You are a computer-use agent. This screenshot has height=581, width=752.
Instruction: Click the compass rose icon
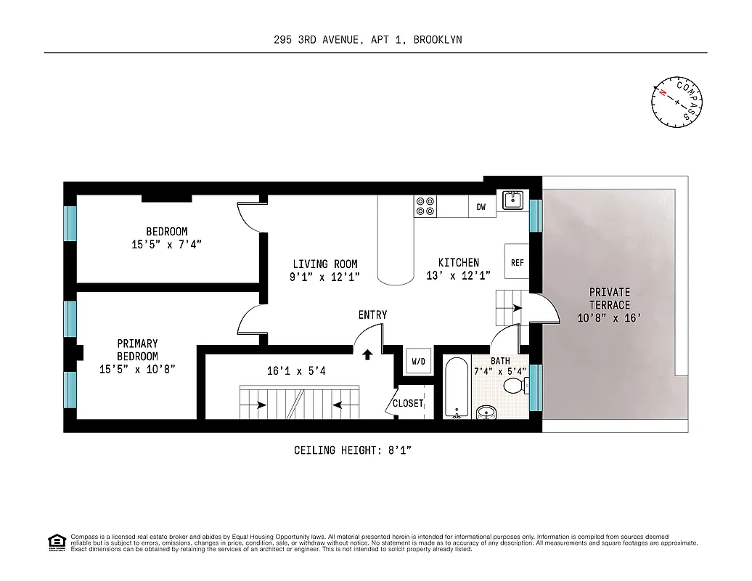pyautogui.click(x=677, y=103)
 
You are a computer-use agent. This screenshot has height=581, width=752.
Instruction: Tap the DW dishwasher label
pyautogui.click(x=481, y=207)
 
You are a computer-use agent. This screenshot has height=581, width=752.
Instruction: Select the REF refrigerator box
pyautogui.click(x=517, y=262)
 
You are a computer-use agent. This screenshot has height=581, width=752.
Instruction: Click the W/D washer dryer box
pyautogui.click(x=419, y=361)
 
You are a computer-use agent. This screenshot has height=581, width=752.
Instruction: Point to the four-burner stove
pyautogui.click(x=425, y=206)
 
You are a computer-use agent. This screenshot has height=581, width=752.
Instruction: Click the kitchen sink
pyautogui.click(x=513, y=200)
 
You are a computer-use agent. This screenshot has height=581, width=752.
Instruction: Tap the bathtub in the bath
pyautogui.click(x=457, y=388)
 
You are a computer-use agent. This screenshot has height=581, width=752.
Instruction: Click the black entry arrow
pyautogui.click(x=367, y=354)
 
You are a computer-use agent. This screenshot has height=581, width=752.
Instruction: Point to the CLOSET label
pyautogui.click(x=407, y=403)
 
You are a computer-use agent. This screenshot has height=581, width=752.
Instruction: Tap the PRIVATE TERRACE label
pyautogui.click(x=609, y=298)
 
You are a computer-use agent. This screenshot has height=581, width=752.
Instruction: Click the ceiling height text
pyautogui.click(x=353, y=450)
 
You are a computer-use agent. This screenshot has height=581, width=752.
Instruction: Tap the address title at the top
pyautogui.click(x=363, y=40)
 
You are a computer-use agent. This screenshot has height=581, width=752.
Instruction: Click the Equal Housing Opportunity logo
pyautogui.click(x=56, y=543)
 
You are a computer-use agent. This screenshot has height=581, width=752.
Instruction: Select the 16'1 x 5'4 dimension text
pyautogui.click(x=296, y=371)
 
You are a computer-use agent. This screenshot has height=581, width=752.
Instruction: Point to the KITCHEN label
pyautogui.click(x=458, y=262)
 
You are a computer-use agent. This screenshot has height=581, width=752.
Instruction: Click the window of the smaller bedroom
pyautogui.click(x=70, y=224)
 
